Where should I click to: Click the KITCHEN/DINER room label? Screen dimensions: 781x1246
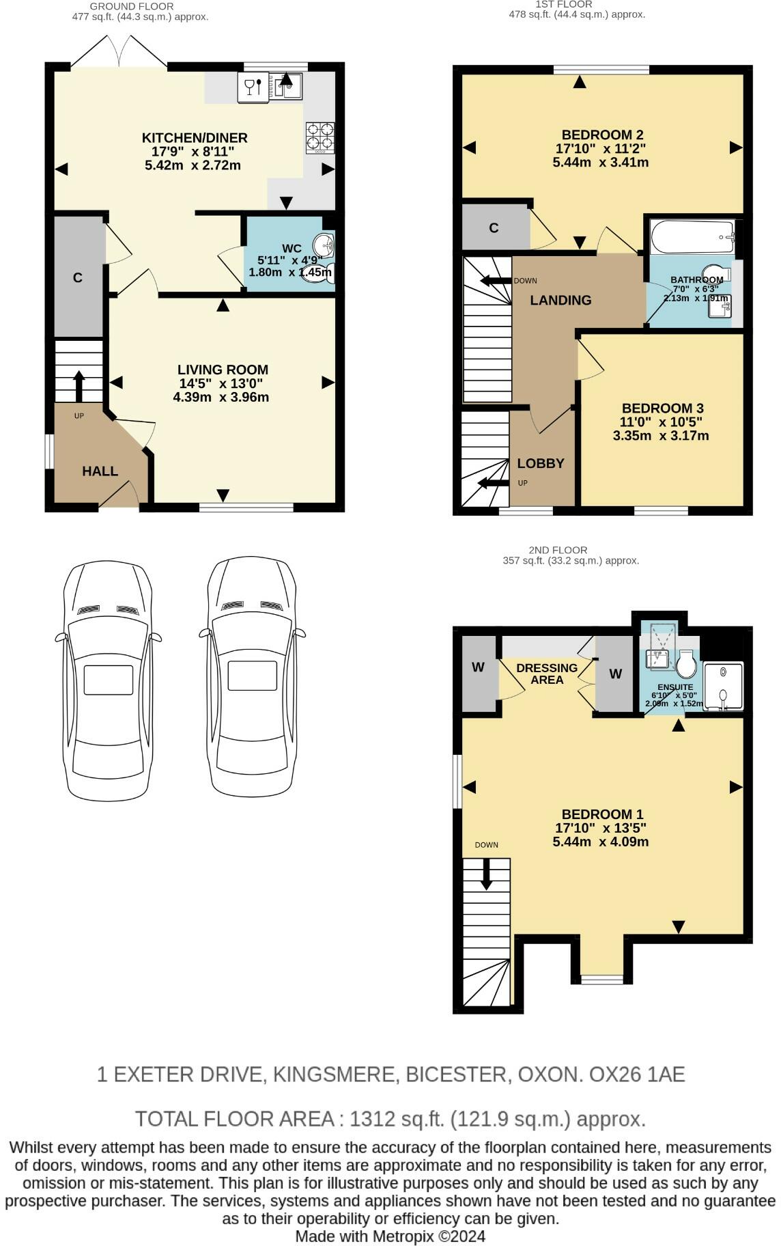(195, 138)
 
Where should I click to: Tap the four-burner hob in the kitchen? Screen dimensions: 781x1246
(320, 136)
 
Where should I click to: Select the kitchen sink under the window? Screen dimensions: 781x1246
(288, 87)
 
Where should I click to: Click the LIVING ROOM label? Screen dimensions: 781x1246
(223, 370)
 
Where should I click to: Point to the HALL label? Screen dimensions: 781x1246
(100, 471)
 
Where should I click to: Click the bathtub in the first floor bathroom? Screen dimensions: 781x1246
(693, 237)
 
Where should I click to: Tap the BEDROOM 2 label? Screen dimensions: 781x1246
(603, 135)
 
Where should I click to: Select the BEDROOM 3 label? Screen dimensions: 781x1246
(663, 409)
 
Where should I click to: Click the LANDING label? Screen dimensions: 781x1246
(561, 300)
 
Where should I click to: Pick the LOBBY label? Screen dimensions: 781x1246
(541, 463)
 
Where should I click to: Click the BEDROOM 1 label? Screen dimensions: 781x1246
(603, 814)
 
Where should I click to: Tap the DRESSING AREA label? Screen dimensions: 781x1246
(547, 674)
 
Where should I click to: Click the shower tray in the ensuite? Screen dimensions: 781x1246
(723, 686)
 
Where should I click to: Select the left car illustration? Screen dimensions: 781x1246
(109, 680)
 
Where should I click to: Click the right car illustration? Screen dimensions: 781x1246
(252, 676)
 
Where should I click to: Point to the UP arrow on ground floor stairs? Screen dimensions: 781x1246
(79, 386)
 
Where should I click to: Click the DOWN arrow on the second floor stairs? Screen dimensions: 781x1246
(486, 874)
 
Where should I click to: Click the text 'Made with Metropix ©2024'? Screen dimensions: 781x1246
(390, 1236)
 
